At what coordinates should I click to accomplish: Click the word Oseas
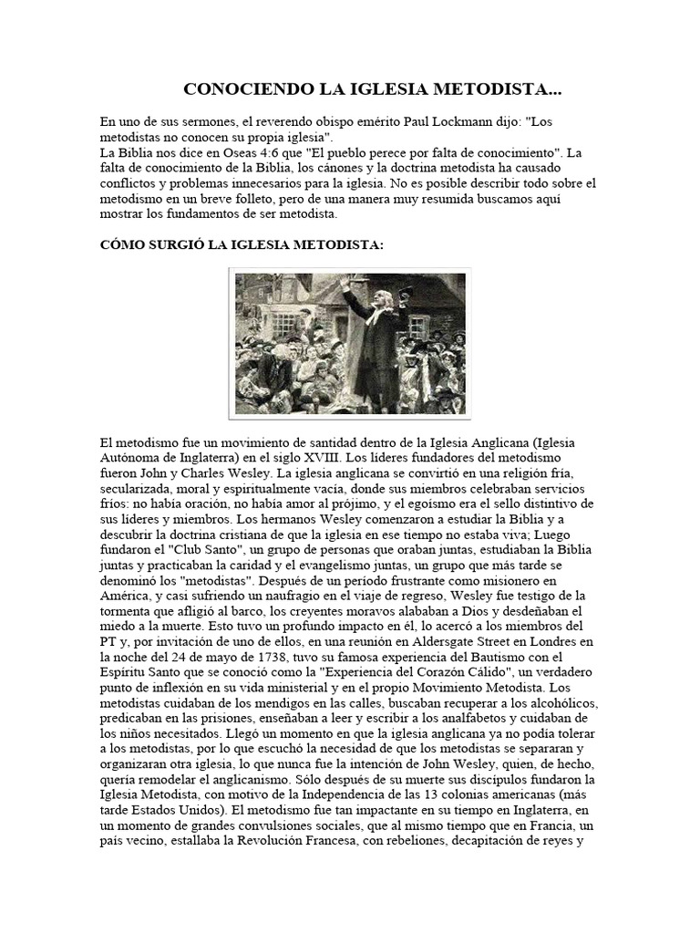(x=208, y=152)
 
